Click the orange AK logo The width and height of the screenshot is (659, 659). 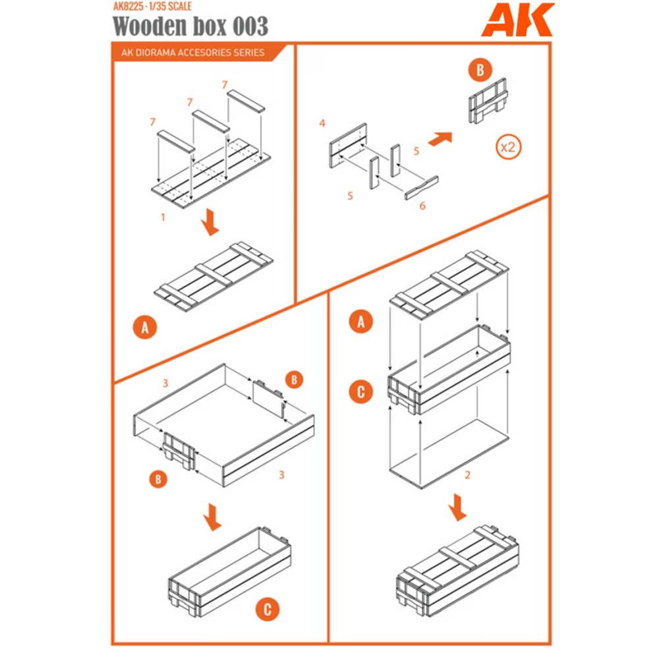[x=518, y=20]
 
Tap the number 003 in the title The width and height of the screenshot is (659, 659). [x=250, y=26]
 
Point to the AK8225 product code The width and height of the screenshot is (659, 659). [x=129, y=7]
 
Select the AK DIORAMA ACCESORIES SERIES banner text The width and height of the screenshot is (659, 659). [x=193, y=53]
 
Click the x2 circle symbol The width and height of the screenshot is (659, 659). [x=509, y=147]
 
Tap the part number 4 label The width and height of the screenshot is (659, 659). [x=322, y=123]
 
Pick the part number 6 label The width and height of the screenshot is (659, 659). [x=422, y=206]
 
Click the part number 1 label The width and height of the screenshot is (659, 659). [x=163, y=217]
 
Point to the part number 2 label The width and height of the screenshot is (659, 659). [x=467, y=475]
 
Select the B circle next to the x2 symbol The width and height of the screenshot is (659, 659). [x=480, y=70]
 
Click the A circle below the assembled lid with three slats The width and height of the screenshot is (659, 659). [x=145, y=327]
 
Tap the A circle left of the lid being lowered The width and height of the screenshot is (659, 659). [x=361, y=322]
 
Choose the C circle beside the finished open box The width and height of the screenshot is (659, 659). [x=268, y=610]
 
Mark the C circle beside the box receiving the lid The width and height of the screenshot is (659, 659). [x=361, y=391]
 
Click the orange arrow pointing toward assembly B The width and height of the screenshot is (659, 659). [x=440, y=138]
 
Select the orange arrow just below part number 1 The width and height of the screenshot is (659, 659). [x=210, y=223]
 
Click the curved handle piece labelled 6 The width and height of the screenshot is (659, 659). [x=422, y=187]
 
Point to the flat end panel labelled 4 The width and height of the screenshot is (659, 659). [x=348, y=146]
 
